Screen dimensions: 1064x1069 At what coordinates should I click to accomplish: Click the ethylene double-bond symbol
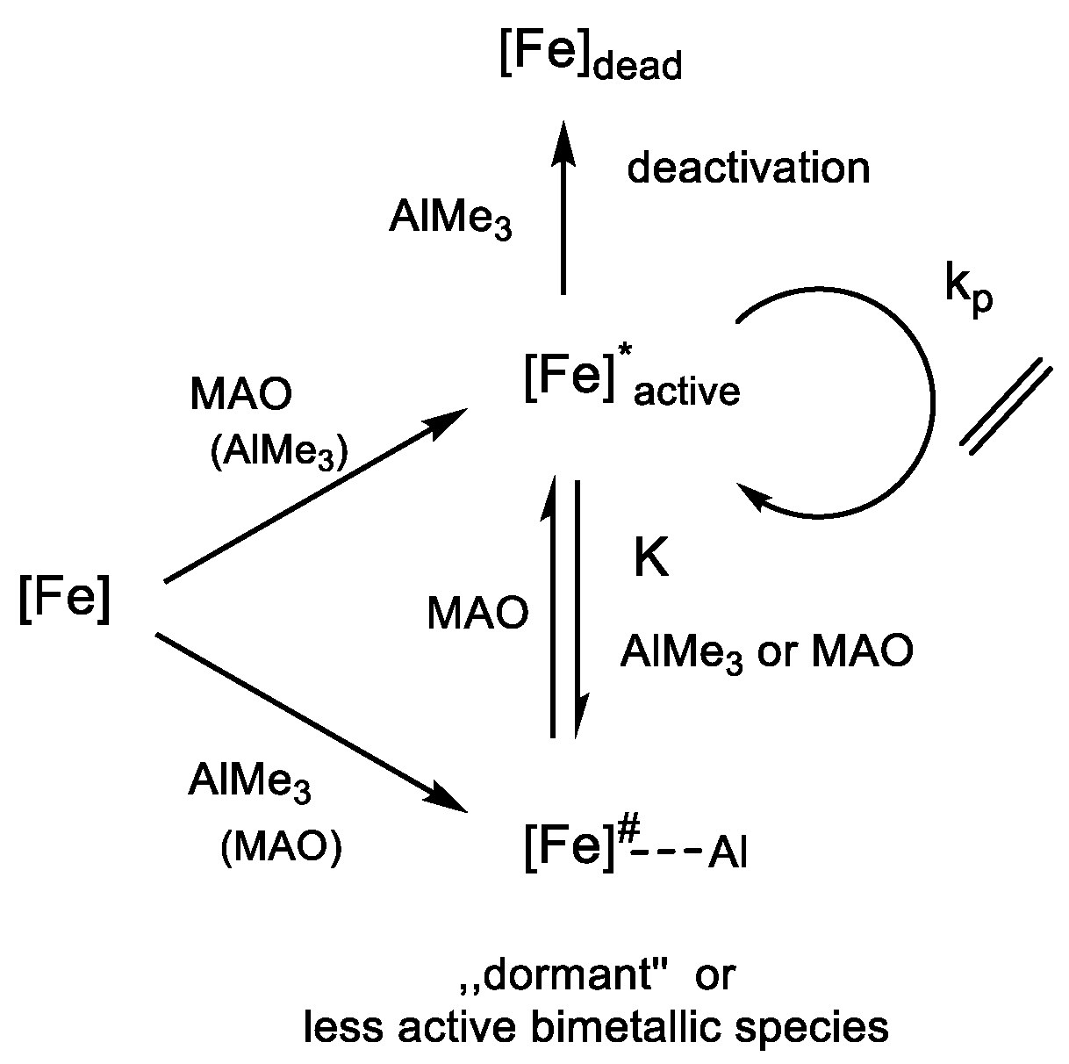tap(1005, 406)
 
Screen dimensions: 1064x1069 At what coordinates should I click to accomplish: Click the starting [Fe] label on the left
tap(65, 603)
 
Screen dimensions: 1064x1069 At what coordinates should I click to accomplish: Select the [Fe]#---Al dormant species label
tap(634, 849)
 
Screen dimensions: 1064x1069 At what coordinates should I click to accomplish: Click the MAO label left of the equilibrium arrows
tap(477, 614)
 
